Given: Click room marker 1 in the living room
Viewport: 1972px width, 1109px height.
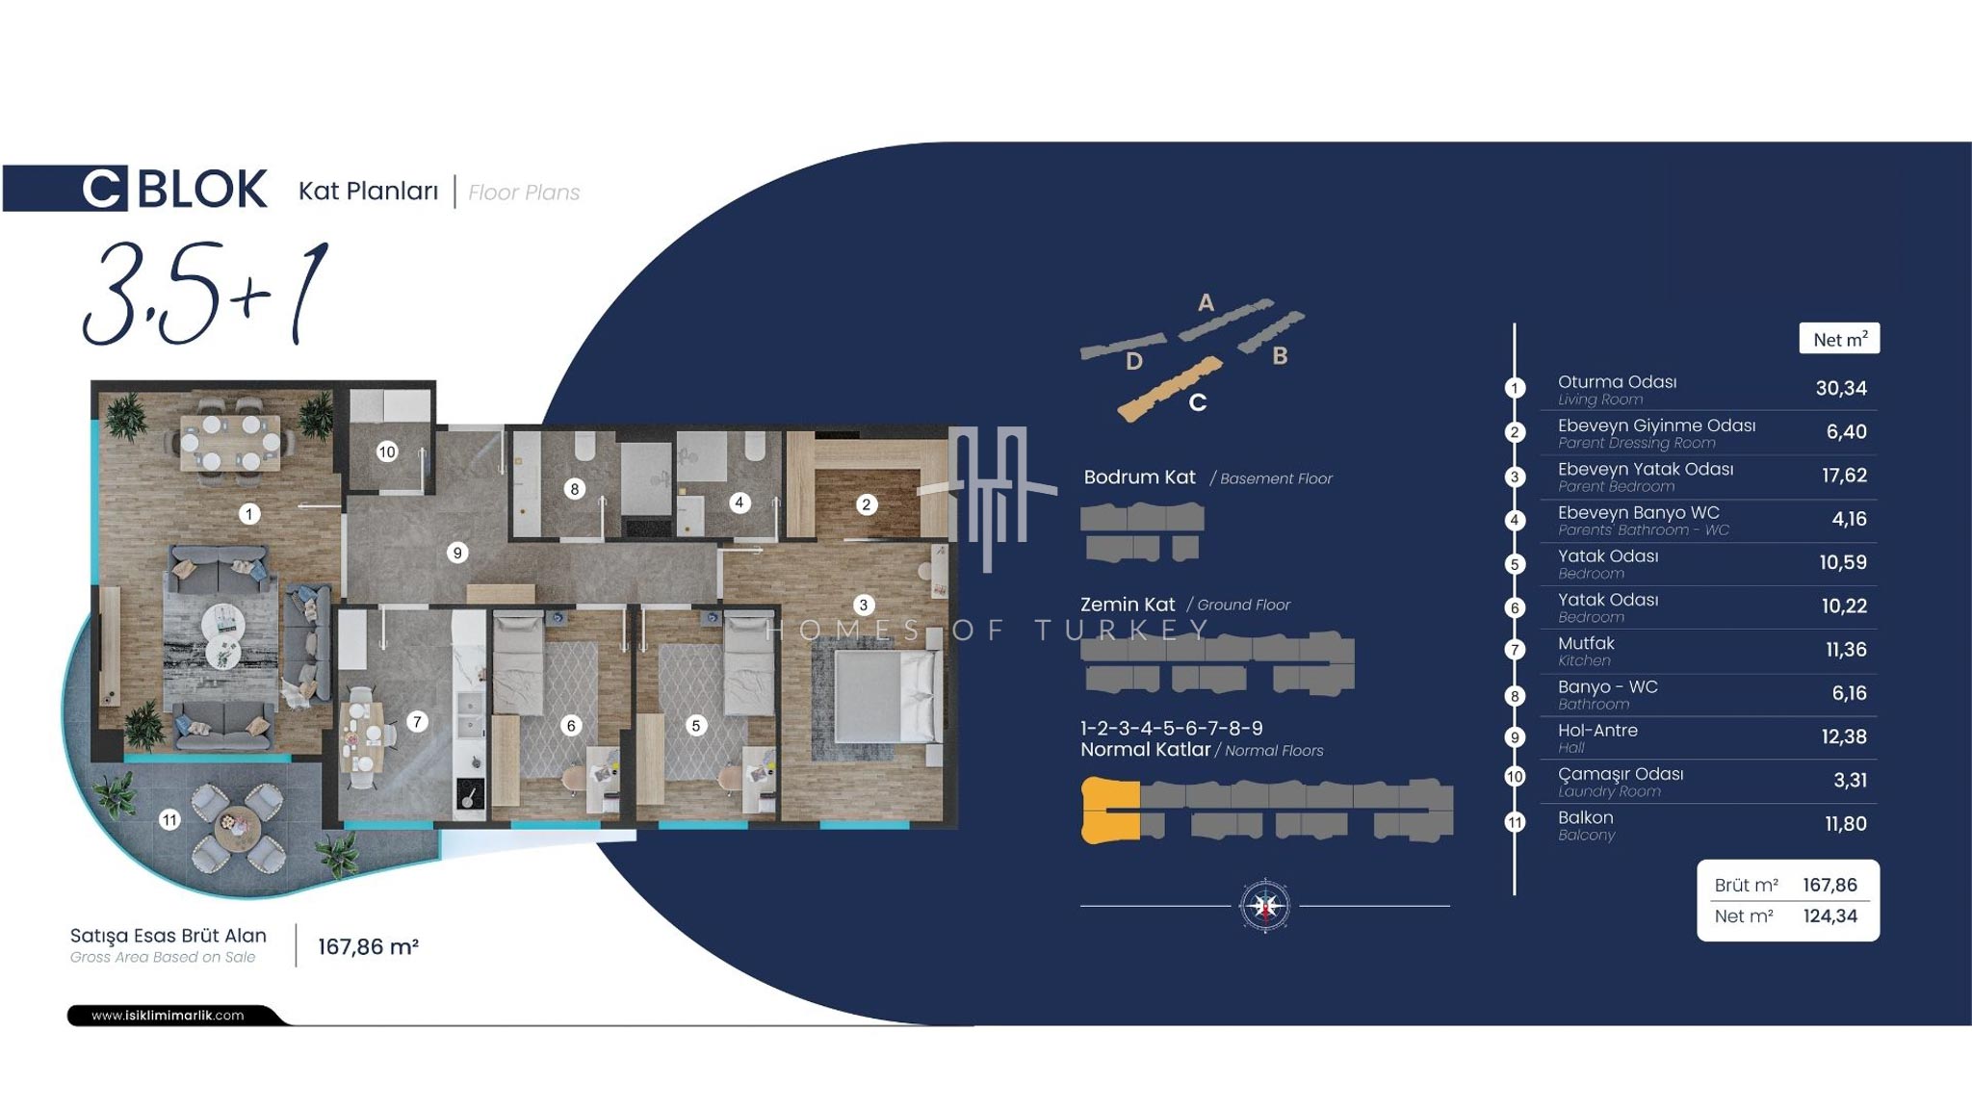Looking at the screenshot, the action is [248, 514].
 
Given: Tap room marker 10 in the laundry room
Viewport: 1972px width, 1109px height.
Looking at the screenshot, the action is [387, 451].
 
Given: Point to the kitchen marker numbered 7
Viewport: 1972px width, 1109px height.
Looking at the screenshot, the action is [417, 721].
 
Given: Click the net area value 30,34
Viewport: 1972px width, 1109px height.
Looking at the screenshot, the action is [1841, 388].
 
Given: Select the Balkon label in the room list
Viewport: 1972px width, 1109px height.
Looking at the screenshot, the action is [1586, 817].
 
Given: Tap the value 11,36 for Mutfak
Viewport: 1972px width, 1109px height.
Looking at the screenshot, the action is [1846, 650].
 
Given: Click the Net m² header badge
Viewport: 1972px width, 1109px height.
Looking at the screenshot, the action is [1839, 339].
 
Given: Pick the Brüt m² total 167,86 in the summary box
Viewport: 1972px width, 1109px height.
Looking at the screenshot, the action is [1829, 885].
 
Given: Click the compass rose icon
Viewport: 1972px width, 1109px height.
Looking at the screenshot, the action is [1265, 906].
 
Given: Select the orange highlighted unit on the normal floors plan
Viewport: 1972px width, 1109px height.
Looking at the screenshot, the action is [1111, 811].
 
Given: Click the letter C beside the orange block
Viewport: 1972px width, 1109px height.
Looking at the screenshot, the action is [1197, 402].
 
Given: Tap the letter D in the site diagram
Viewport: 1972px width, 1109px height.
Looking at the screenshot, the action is [1134, 361].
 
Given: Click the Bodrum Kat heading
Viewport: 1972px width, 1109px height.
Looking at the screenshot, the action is [1139, 477].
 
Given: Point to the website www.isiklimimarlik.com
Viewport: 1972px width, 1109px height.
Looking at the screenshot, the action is [168, 1015].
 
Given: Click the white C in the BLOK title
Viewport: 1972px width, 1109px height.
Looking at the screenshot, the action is [102, 189].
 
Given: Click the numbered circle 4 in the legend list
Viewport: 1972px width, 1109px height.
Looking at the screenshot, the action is [1515, 520].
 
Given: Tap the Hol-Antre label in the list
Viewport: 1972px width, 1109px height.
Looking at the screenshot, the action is [1597, 731].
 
